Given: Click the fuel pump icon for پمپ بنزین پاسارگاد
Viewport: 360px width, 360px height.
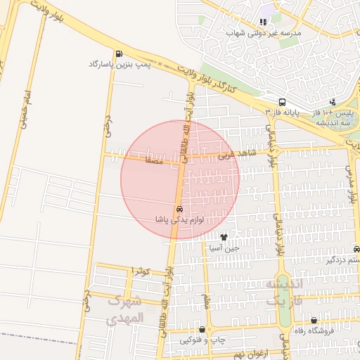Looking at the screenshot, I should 117,53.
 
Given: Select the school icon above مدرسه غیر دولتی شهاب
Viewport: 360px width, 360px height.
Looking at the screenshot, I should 263,22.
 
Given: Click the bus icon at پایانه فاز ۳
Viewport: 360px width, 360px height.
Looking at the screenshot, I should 282,101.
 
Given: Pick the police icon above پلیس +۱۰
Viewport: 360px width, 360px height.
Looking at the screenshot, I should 333,102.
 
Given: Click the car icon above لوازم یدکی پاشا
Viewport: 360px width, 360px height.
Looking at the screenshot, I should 180,210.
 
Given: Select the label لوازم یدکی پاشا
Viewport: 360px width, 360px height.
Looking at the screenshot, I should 180,220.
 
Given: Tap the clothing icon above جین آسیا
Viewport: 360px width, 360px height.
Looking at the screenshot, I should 224,237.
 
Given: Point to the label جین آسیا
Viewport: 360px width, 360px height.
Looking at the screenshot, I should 224,247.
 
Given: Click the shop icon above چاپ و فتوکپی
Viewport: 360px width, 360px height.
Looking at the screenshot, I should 203,329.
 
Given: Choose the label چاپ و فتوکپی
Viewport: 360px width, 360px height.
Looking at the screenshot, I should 203,340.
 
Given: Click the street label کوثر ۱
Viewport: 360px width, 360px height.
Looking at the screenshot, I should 141,271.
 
